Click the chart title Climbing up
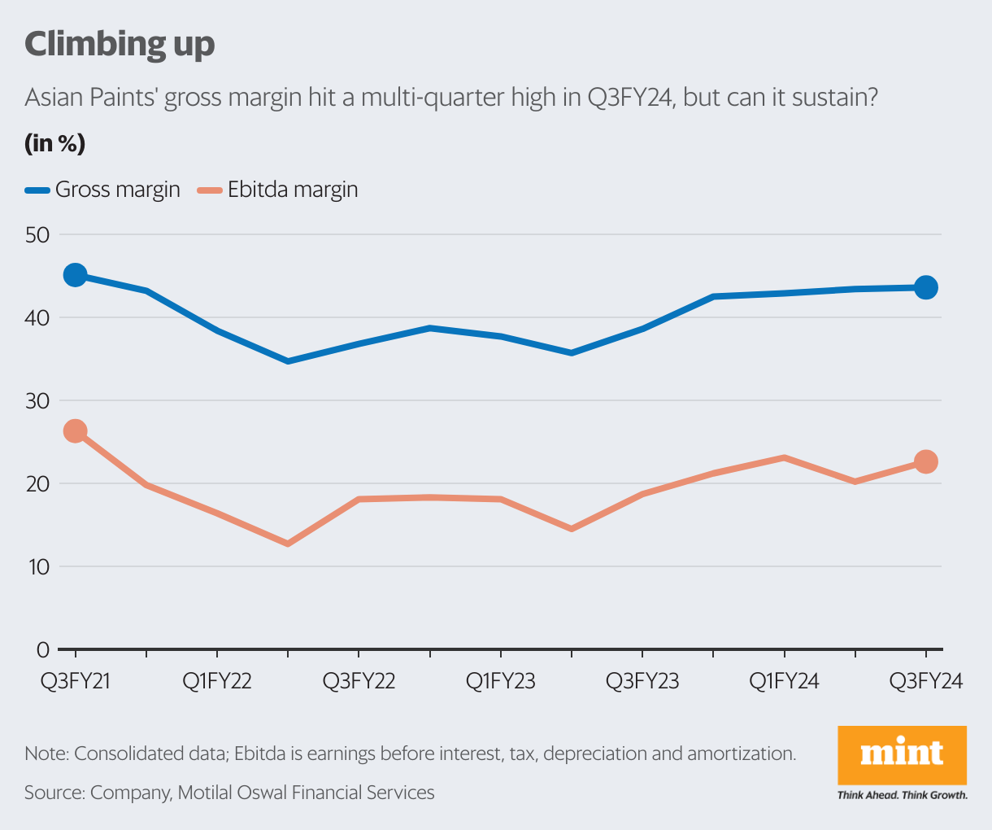tap(120, 44)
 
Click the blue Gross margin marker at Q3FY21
tap(75, 275)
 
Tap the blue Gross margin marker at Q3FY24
tap(926, 287)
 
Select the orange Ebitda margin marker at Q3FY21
tap(75, 431)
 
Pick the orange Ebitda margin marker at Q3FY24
tap(926, 461)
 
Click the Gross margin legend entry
tap(102, 190)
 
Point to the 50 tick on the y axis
tap(37, 235)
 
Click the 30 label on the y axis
tap(37, 401)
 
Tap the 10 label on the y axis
tap(37, 566)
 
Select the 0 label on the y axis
tap(43, 649)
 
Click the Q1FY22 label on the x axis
tap(217, 681)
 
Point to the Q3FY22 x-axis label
tap(359, 681)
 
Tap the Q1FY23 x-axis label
tap(500, 681)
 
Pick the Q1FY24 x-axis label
tap(784, 681)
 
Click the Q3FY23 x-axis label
tap(642, 681)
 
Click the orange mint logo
tap(902, 754)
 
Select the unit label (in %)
tap(54, 144)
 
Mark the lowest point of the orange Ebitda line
tap(287, 543)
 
